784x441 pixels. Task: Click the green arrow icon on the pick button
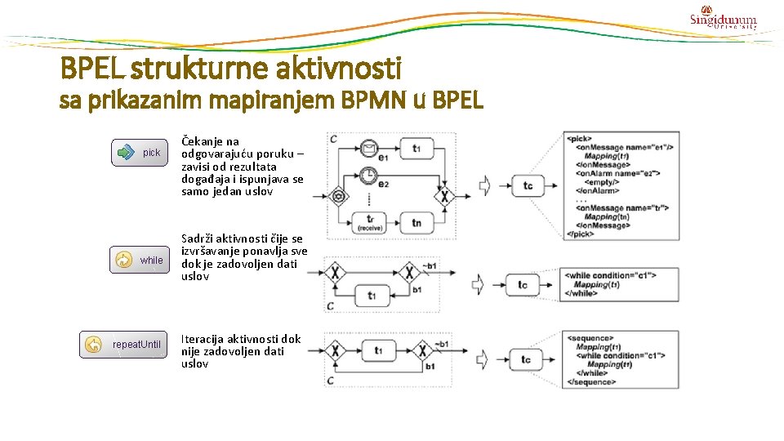click(125, 152)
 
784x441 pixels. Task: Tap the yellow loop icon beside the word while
click(123, 260)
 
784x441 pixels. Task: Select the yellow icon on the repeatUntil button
click(93, 345)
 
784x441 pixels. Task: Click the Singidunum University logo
click(723, 17)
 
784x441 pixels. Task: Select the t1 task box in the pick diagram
click(416, 149)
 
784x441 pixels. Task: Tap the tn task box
click(416, 221)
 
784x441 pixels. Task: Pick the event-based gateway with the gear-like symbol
click(337, 196)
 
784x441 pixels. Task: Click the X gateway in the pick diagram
click(445, 196)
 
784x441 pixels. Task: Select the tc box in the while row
click(523, 285)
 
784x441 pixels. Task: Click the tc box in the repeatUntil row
click(526, 359)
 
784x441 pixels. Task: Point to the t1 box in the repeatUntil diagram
click(378, 350)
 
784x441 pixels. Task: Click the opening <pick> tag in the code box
click(581, 139)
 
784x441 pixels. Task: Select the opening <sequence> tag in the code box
click(591, 337)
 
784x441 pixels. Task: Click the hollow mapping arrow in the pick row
click(485, 185)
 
